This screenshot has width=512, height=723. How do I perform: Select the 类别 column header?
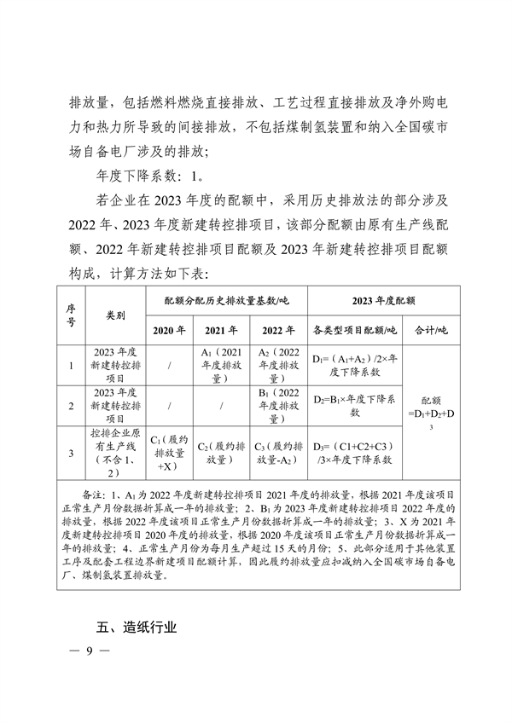click(x=115, y=315)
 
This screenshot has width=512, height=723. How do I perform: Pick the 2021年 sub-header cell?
click(x=221, y=331)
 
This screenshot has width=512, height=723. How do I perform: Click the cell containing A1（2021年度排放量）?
click(x=222, y=364)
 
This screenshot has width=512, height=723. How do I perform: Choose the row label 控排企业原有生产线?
click(x=115, y=453)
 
